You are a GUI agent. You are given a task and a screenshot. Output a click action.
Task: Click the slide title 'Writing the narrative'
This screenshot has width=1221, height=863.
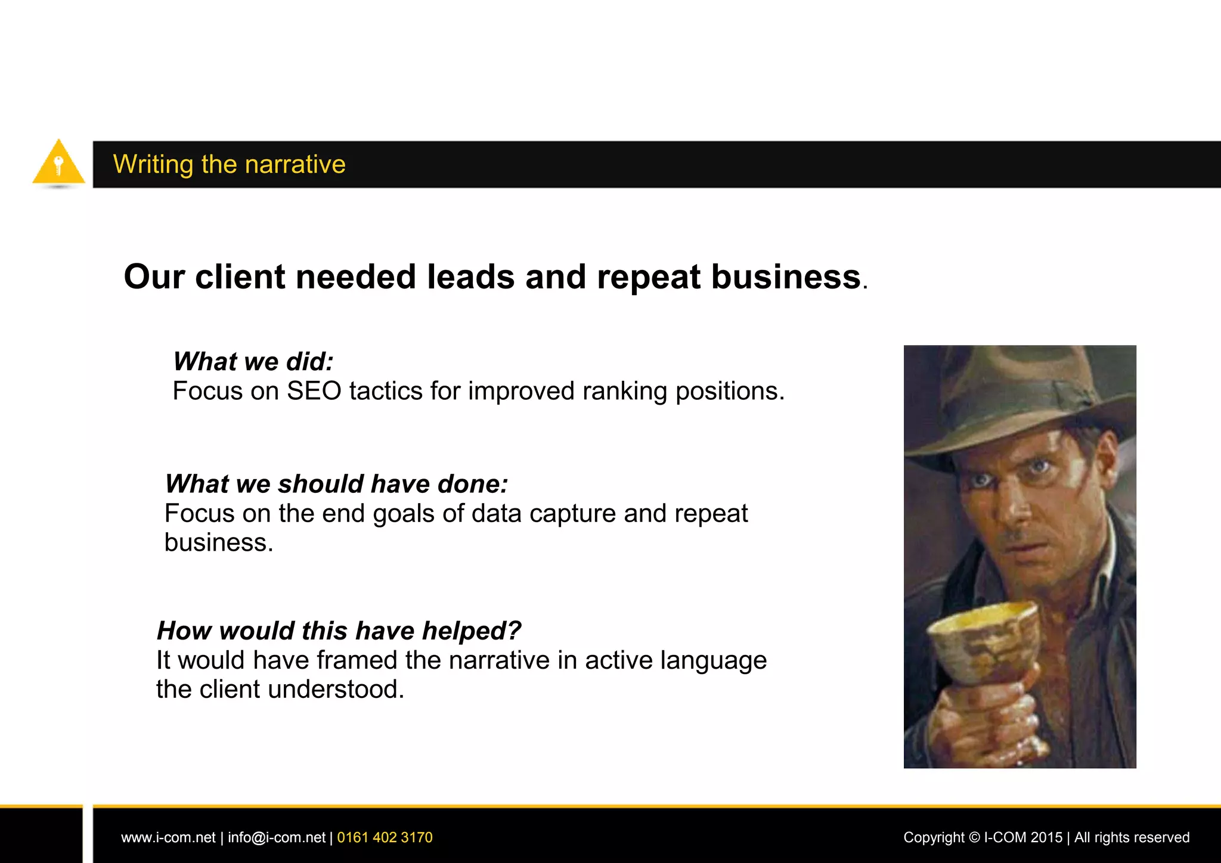click(229, 164)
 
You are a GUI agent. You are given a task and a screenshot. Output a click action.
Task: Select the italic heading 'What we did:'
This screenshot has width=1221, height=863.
click(253, 361)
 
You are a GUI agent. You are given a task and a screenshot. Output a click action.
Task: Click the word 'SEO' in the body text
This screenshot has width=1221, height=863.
click(314, 392)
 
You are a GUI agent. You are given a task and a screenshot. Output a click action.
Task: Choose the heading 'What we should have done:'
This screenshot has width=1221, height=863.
click(336, 483)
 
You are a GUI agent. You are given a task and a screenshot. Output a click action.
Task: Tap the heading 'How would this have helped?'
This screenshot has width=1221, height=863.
click(339, 630)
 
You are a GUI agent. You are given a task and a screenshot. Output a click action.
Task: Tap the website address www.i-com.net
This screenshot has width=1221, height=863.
click(168, 837)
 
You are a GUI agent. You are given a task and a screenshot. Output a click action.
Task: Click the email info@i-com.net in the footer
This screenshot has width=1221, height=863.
click(276, 837)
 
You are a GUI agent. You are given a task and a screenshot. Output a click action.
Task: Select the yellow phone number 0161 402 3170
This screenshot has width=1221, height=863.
click(385, 837)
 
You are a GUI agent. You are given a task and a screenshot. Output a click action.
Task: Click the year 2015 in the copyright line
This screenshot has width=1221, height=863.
click(1046, 837)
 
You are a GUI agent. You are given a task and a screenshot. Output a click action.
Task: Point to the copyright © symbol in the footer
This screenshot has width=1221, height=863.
click(974, 837)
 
